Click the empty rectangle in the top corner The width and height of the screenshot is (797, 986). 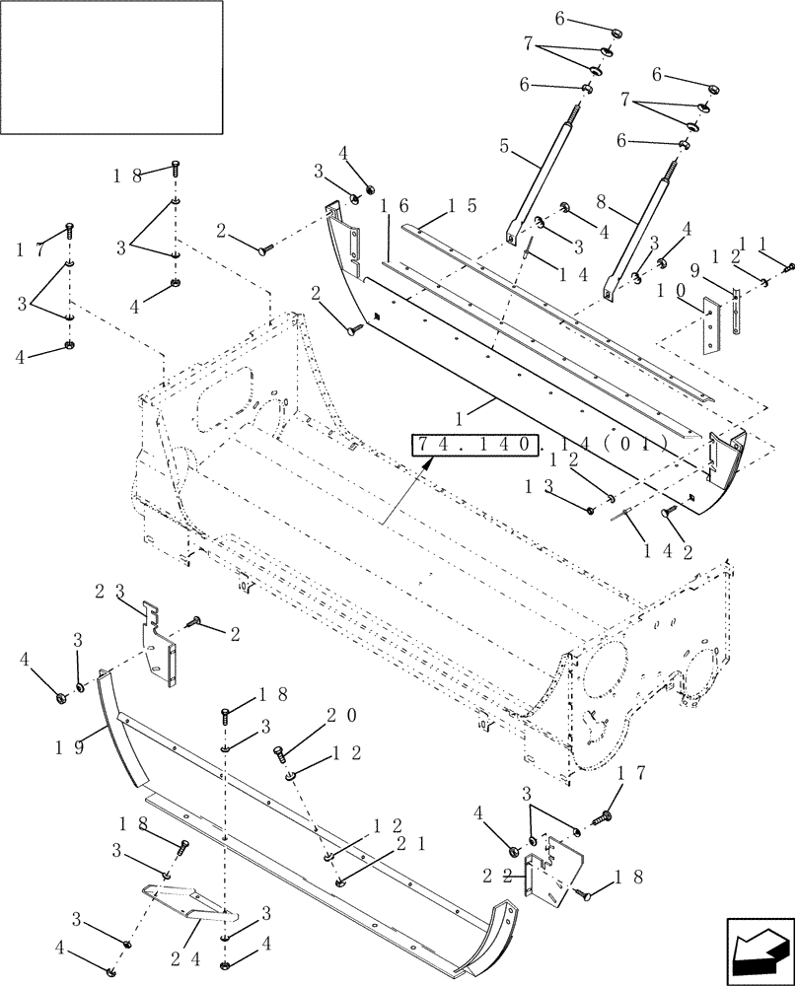pyautogui.click(x=111, y=66)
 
